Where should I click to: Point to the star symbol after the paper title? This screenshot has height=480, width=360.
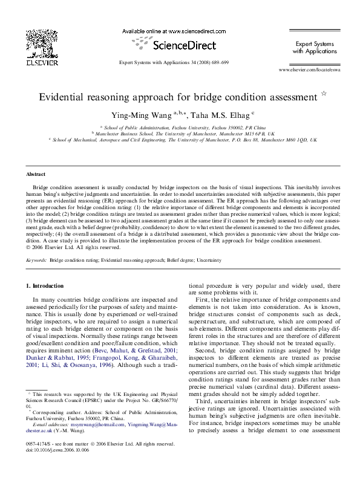coord(323,94)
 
